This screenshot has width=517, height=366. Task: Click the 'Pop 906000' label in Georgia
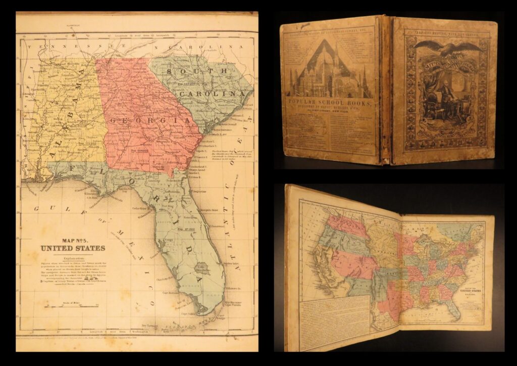(136, 151)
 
